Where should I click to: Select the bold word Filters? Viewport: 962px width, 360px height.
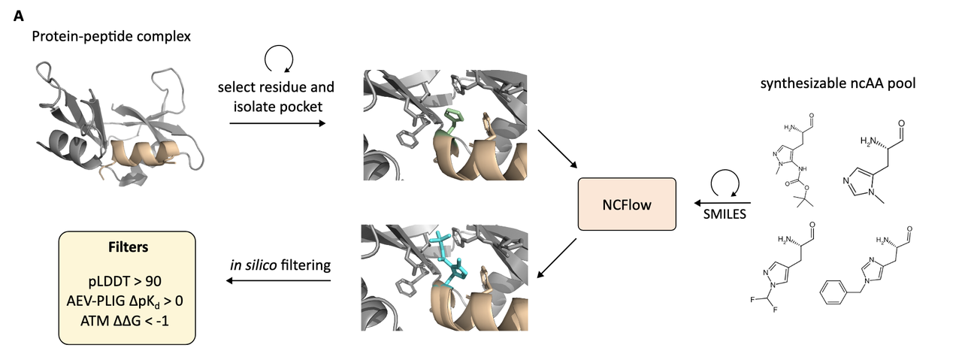pyautogui.click(x=127, y=246)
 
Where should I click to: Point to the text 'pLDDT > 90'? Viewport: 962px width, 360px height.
pyautogui.click(x=127, y=284)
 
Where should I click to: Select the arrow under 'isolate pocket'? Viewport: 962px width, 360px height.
pyautogui.click(x=277, y=123)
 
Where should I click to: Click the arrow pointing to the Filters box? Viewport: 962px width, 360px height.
pyautogui.click(x=279, y=281)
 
